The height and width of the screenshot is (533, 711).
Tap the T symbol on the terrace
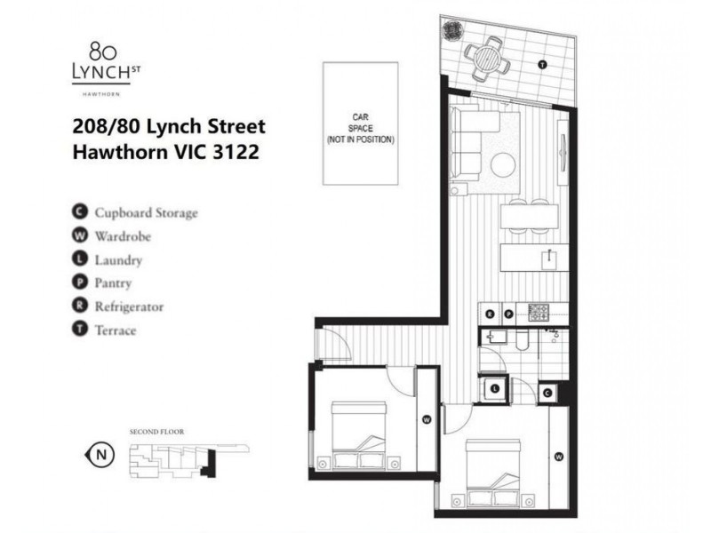pos(542,66)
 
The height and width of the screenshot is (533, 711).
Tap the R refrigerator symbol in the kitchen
pos(491,314)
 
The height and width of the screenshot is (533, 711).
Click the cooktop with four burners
pos(539,313)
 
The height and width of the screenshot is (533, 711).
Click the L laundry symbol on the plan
pos(494,388)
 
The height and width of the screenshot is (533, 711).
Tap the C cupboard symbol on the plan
pos(547,392)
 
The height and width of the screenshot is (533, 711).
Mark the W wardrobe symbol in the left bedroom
pos(427,419)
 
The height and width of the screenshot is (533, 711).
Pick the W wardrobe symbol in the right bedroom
pos(558,457)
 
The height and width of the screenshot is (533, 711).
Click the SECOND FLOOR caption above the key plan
pos(156,431)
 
